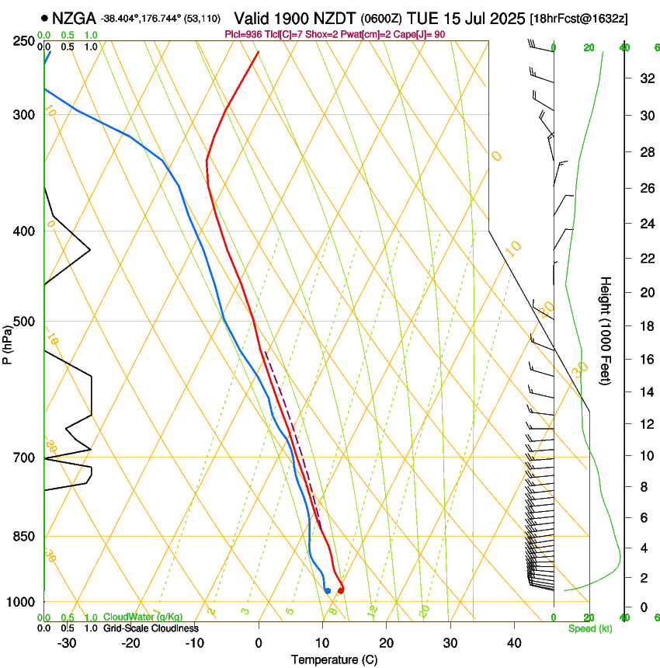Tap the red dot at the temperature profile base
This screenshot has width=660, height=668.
(341, 590)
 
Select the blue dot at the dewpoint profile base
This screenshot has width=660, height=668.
(328, 590)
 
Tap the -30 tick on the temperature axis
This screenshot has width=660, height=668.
(67, 642)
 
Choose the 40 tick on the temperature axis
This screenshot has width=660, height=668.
(513, 642)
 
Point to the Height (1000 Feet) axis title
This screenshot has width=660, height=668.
(606, 330)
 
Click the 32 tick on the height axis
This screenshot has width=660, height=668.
(644, 78)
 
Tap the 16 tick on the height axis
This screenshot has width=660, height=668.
(644, 359)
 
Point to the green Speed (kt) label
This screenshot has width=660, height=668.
(590, 628)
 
